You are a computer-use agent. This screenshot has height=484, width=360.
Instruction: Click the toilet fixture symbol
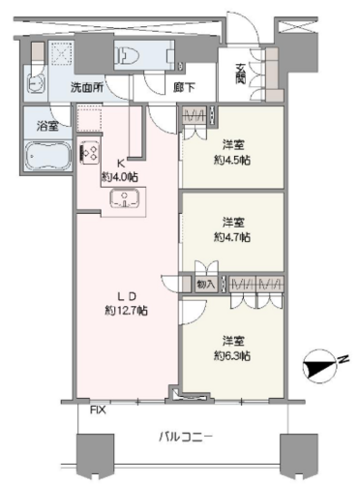click(129, 55)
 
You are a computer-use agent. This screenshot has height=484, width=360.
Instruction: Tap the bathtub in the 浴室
click(48, 156)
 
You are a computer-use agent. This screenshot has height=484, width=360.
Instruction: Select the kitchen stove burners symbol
click(90, 152)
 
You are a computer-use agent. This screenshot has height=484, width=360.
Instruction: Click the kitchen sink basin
click(124, 198)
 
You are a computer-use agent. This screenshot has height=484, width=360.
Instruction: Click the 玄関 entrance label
click(240, 74)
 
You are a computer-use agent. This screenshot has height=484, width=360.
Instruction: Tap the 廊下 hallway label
click(184, 87)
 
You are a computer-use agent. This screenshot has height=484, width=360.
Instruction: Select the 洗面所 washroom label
click(87, 87)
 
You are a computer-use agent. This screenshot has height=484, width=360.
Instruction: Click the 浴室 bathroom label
click(47, 126)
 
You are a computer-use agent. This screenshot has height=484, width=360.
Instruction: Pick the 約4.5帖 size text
click(232, 160)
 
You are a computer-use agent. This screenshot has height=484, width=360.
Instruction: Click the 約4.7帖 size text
click(232, 237)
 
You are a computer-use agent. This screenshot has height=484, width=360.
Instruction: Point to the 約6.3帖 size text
click(232, 356)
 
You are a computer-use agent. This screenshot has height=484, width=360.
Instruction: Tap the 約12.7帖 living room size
click(127, 311)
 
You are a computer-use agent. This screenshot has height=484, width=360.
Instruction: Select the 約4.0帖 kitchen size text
click(120, 176)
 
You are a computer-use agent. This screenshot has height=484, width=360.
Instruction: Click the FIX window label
click(98, 410)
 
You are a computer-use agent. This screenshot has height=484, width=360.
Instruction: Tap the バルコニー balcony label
click(186, 438)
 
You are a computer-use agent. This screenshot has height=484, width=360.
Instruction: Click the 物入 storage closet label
click(205, 285)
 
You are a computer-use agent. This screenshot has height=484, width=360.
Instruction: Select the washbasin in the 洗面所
click(37, 83)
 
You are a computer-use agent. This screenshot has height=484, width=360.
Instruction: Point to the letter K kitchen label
click(120, 164)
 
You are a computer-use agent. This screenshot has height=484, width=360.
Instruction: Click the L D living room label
click(127, 296)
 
